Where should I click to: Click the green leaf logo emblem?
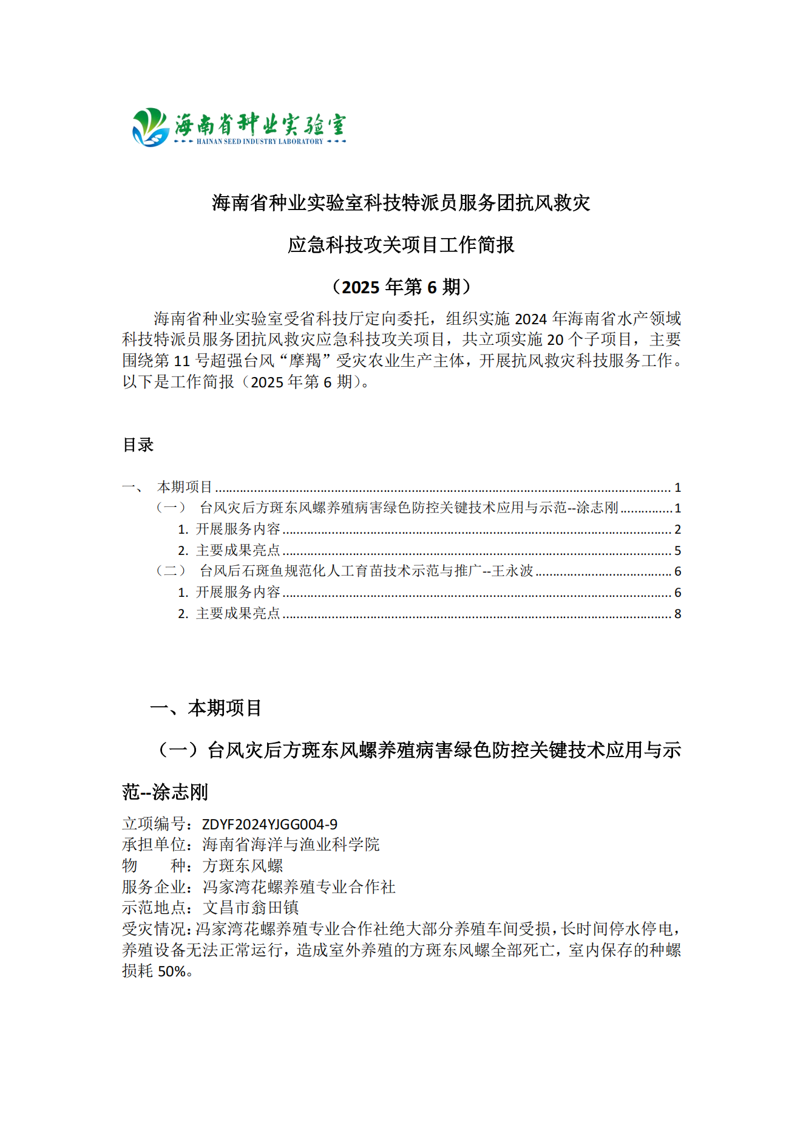[x=150, y=128]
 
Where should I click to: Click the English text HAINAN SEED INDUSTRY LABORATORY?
[x=260, y=141]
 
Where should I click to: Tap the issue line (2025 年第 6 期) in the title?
[x=401, y=287]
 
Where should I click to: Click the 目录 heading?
[x=138, y=445]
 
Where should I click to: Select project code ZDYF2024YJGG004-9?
[x=269, y=824]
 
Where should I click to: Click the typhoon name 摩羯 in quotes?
[x=305, y=361]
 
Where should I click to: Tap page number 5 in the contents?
[x=677, y=551]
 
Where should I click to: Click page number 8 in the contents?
[x=677, y=614]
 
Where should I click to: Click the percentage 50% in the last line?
[x=172, y=971]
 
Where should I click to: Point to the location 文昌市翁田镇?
[x=251, y=908]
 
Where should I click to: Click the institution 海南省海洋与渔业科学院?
[x=291, y=845]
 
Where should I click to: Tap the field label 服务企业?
[x=154, y=887]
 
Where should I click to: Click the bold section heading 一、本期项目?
[x=206, y=708]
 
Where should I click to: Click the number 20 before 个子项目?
[x=555, y=340]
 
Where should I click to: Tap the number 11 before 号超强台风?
[x=182, y=361]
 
